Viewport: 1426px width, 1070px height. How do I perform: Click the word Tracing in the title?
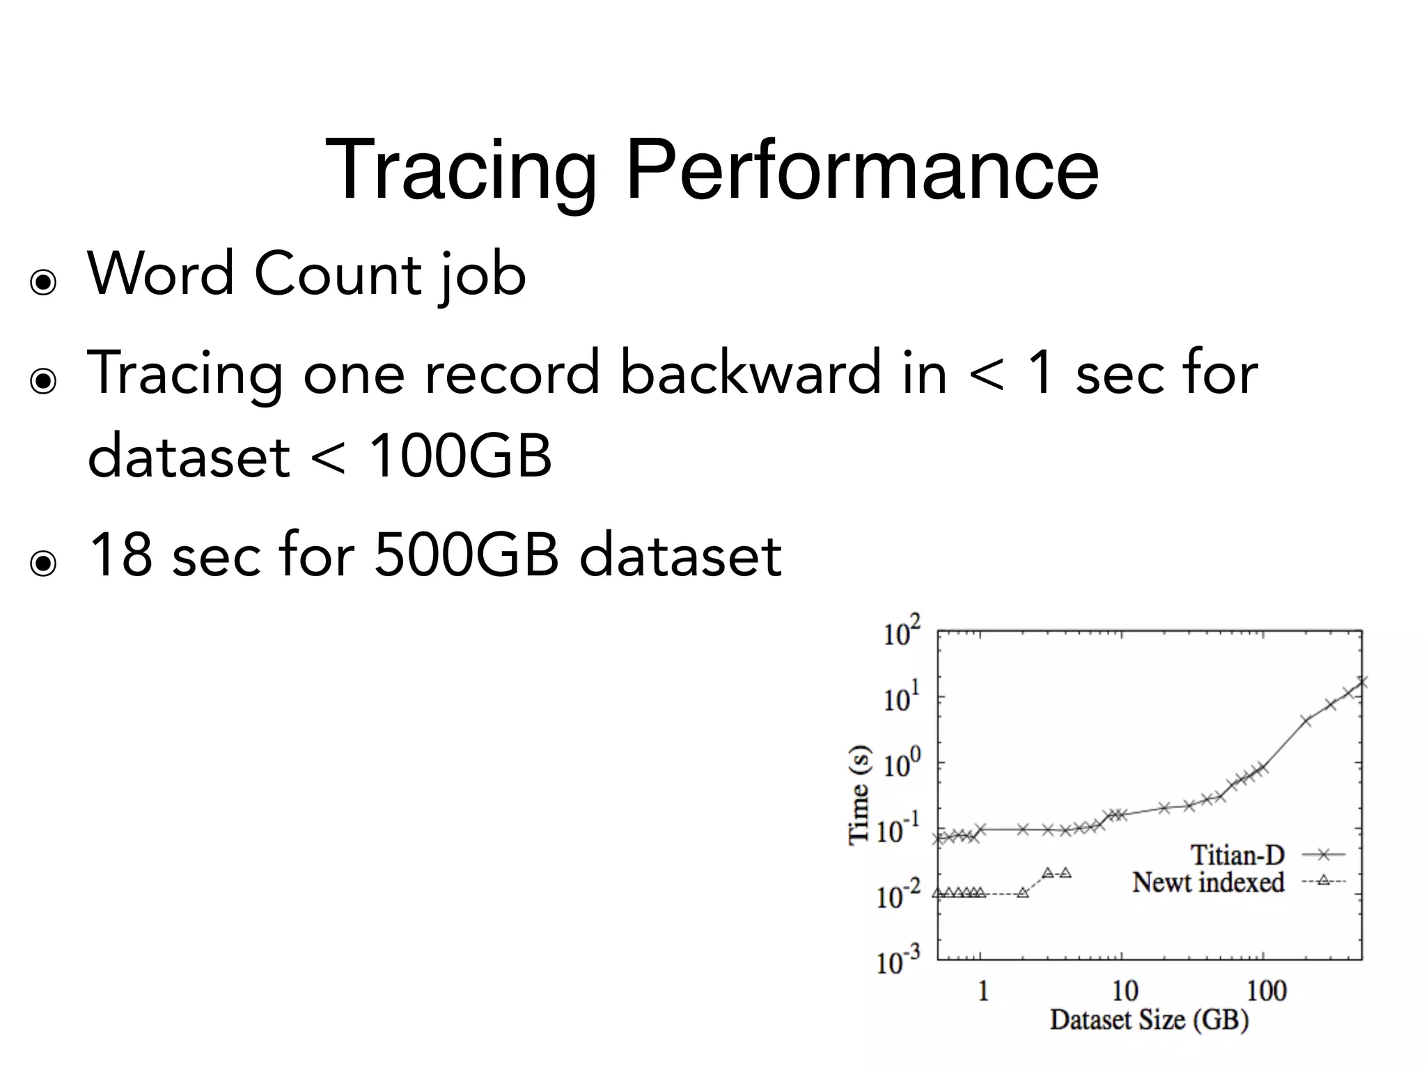pos(460,171)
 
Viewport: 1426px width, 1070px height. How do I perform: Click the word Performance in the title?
pos(862,171)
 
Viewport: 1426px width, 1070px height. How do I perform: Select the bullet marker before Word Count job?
pos(43,283)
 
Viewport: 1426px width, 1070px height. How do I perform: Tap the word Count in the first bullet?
pos(338,274)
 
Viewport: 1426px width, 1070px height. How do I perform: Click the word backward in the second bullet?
pos(750,373)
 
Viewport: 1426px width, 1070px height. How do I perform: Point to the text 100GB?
pos(460,456)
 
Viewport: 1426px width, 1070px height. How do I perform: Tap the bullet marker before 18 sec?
pos(43,563)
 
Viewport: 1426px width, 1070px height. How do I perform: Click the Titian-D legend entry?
pos(1237,854)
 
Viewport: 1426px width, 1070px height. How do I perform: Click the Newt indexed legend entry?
pos(1208,882)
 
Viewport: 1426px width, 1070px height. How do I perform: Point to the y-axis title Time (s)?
pos(859,794)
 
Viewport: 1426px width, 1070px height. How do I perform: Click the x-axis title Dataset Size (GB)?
pos(1149,1020)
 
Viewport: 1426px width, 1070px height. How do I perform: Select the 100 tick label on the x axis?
pos(1266,990)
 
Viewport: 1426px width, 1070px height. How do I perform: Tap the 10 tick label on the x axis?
pos(1125,990)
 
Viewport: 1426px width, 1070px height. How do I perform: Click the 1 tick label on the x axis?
pos(982,990)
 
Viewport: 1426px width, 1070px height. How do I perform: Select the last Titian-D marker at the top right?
pos(1361,682)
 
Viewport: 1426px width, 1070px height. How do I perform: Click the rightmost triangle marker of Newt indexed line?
pos(1065,873)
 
